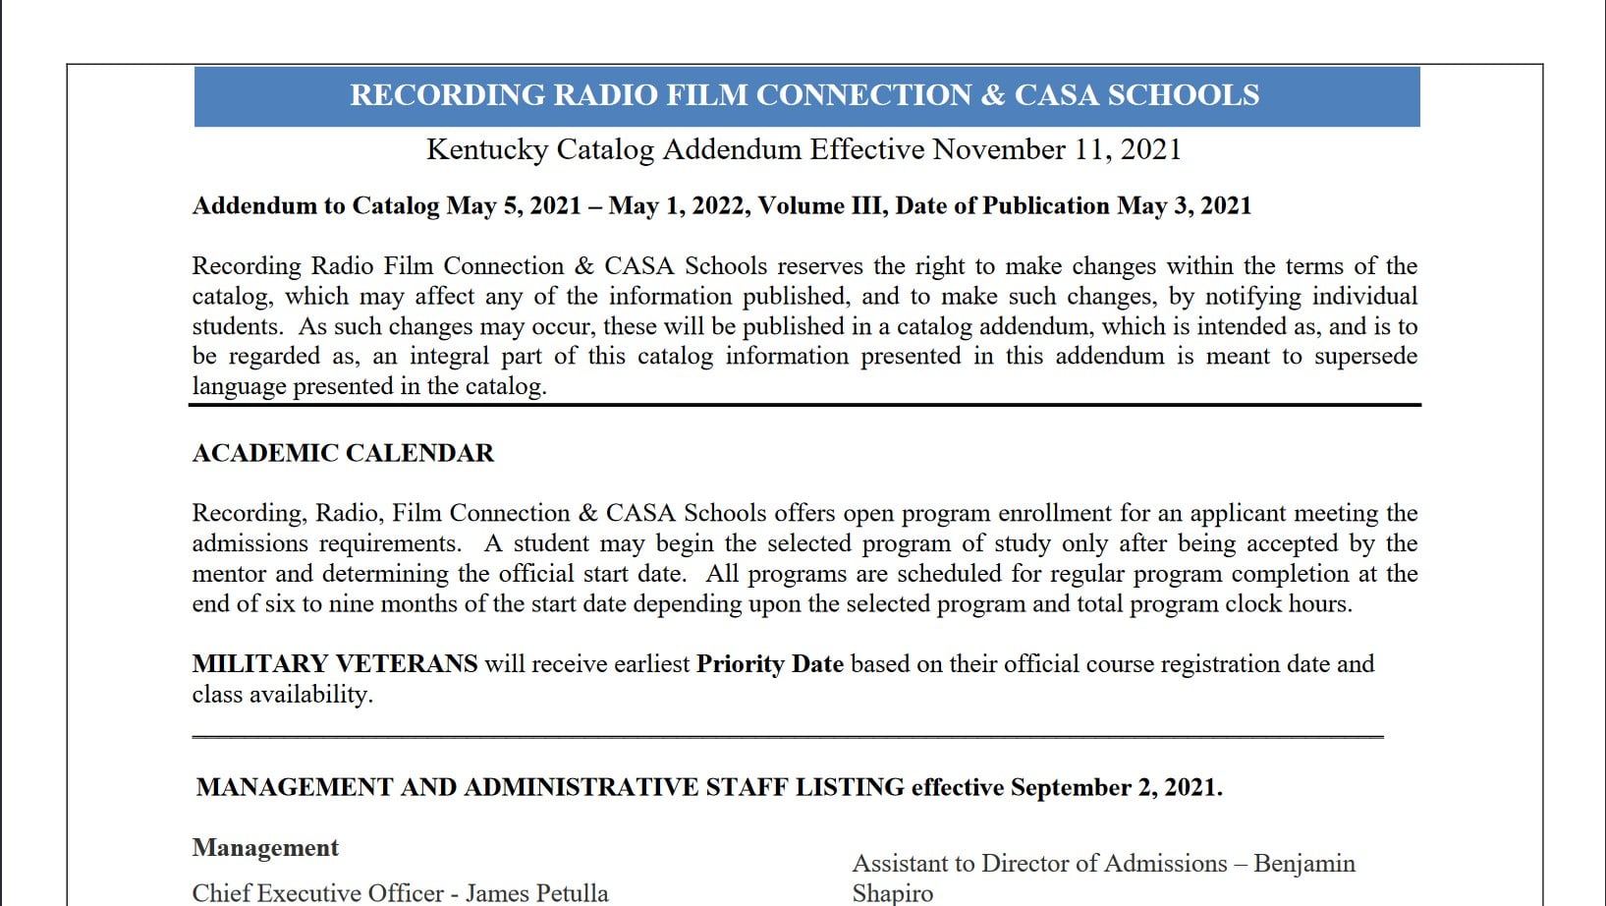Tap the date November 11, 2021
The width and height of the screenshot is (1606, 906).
coord(1056,149)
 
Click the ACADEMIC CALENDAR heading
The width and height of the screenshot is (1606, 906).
coord(343,453)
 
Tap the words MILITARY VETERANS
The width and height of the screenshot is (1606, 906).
coord(334,664)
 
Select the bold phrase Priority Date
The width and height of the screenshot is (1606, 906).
coord(769,664)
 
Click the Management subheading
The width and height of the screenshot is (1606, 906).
coord(265,848)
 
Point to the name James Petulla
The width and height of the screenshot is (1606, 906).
coord(536,893)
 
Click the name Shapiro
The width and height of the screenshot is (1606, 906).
coord(892,893)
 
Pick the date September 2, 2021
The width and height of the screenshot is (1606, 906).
coord(1116,788)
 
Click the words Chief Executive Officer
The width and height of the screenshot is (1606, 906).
coord(317,893)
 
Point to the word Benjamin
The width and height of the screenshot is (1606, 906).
coord(1304,864)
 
